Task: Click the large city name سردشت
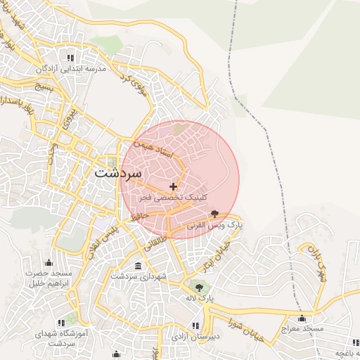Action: [118, 172]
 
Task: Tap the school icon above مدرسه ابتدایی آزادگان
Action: [70, 58]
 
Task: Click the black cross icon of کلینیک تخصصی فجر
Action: [174, 186]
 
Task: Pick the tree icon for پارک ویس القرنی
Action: [214, 214]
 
